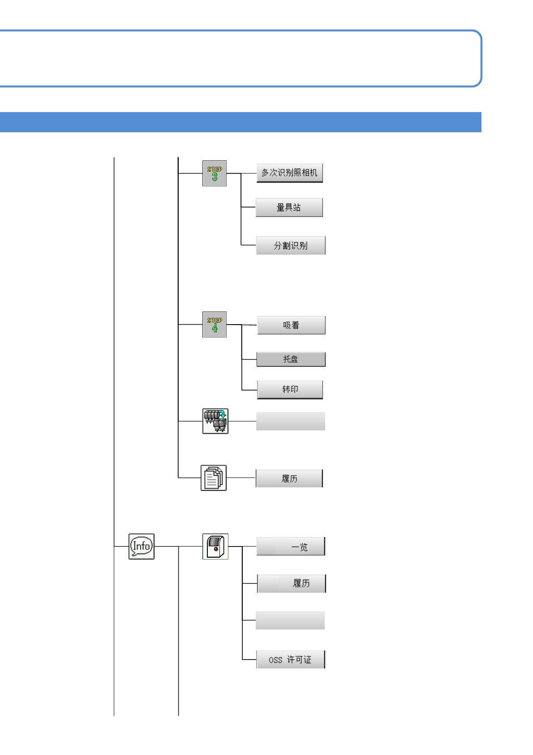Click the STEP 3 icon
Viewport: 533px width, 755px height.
pyautogui.click(x=215, y=174)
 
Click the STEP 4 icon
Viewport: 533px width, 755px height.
pyautogui.click(x=215, y=325)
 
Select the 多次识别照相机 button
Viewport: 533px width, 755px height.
pyautogui.click(x=289, y=173)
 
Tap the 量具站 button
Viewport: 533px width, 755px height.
pyautogui.click(x=289, y=208)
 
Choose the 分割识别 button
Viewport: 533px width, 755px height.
pyautogui.click(x=291, y=246)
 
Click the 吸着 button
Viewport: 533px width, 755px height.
pyautogui.click(x=291, y=325)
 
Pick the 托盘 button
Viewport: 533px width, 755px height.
pyautogui.click(x=291, y=359)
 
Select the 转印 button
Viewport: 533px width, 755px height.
pyautogui.click(x=290, y=390)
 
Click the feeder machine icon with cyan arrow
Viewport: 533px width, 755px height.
pyautogui.click(x=215, y=421)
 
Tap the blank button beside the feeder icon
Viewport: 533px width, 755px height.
pyautogui.click(x=291, y=421)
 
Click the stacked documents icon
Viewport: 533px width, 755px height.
pyautogui.click(x=214, y=478)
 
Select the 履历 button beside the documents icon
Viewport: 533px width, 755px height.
pyautogui.click(x=289, y=478)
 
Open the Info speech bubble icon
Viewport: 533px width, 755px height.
pyautogui.click(x=142, y=546)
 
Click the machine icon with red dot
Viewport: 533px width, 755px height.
pyautogui.click(x=215, y=547)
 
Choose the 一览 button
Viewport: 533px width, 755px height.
pyautogui.click(x=291, y=547)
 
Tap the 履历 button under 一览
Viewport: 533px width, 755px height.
pyautogui.click(x=292, y=583)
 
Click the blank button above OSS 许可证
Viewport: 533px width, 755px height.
pyautogui.click(x=290, y=620)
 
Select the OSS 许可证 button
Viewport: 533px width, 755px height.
pyautogui.click(x=291, y=660)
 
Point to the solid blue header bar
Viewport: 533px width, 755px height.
pyautogui.click(x=241, y=122)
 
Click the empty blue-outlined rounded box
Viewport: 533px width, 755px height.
pyautogui.click(x=241, y=58)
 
